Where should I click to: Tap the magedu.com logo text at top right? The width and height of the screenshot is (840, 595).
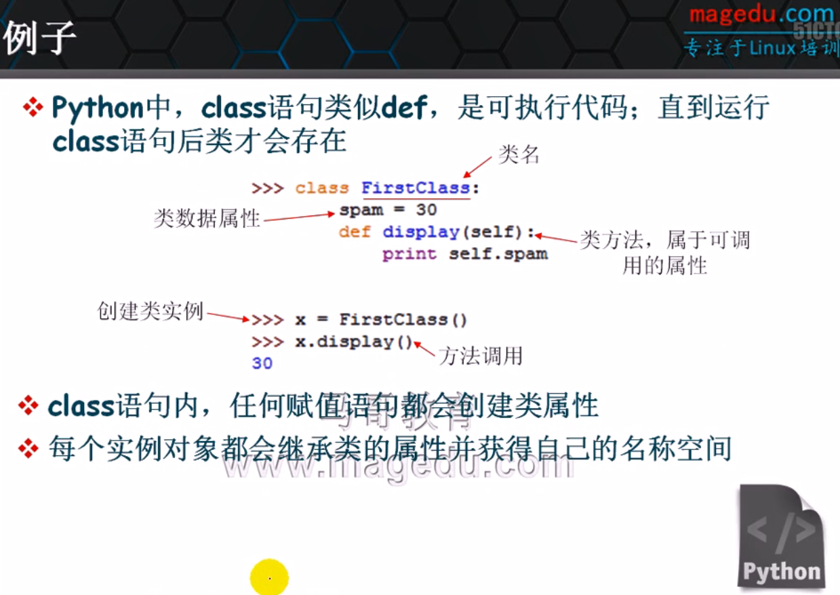(761, 15)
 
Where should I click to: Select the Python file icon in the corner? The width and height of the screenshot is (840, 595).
(780, 535)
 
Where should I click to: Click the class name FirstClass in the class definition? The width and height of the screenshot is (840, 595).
(415, 188)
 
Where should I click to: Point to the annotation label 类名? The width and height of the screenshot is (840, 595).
(519, 155)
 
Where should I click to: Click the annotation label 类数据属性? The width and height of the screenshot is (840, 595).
(207, 218)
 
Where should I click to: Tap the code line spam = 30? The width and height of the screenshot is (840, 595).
(388, 210)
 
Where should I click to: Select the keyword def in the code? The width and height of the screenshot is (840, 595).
(355, 232)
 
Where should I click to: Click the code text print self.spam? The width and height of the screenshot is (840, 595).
(464, 255)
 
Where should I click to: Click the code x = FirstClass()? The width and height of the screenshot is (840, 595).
(382, 319)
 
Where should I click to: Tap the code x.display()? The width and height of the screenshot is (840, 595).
(353, 342)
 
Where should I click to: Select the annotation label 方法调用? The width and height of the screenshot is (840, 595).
(481, 356)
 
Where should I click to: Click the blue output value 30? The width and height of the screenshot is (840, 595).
(262, 363)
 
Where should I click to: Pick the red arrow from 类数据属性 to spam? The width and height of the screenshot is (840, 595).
(299, 217)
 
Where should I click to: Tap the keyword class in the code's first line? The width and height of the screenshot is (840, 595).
(322, 188)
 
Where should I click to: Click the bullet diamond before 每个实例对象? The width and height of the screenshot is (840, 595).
(28, 448)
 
